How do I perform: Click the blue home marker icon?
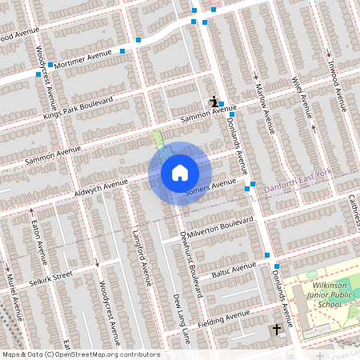click(179, 173)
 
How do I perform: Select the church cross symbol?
click(277, 329)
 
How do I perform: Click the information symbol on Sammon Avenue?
click(214, 102)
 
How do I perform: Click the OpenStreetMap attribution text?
click(81, 354)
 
